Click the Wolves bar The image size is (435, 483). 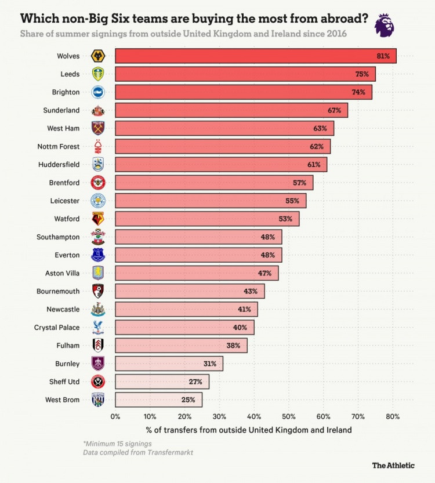(255, 56)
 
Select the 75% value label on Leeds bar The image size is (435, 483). (362, 74)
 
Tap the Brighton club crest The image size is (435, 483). (98, 92)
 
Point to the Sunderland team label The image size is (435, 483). (61, 110)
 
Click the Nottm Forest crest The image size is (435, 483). (98, 146)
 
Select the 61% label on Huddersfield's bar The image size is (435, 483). (314, 165)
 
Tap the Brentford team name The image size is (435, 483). (64, 183)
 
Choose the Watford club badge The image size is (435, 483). (98, 219)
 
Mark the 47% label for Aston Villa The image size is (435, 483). (265, 273)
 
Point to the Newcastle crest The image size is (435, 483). (98, 309)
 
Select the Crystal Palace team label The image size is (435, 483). (57, 328)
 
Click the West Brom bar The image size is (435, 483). (158, 400)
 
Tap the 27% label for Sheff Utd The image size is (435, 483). (195, 382)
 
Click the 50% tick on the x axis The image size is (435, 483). (289, 416)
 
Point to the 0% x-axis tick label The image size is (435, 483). (115, 416)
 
